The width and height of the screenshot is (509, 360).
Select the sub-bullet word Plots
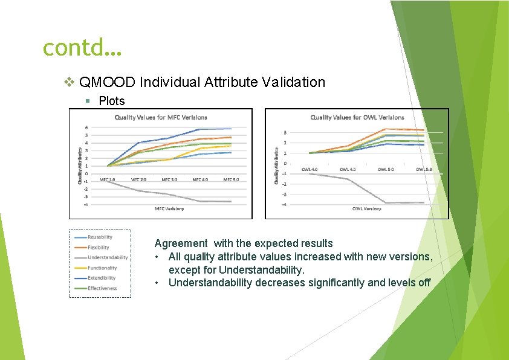[x=112, y=100]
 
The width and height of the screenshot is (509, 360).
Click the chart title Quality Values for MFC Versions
[x=161, y=117]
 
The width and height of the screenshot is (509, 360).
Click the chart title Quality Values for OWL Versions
[x=357, y=117]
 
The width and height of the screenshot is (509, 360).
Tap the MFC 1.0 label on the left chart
[x=108, y=179]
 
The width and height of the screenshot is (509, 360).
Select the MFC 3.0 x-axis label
[x=170, y=179]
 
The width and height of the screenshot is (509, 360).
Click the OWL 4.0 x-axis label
[x=309, y=170]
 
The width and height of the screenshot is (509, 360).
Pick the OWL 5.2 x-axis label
[x=423, y=170]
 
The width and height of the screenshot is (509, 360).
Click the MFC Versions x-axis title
[x=169, y=209]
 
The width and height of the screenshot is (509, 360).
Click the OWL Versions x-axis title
[x=366, y=209]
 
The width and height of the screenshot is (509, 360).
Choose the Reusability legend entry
[x=100, y=237]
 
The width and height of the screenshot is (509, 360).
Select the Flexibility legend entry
[x=99, y=248]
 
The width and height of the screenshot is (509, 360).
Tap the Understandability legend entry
[x=108, y=258]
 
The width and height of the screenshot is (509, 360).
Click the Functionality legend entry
[x=102, y=268]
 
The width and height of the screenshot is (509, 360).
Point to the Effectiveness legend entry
[x=102, y=289]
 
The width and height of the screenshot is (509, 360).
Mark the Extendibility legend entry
[x=102, y=278]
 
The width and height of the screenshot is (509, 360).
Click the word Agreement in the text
[x=181, y=243]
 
